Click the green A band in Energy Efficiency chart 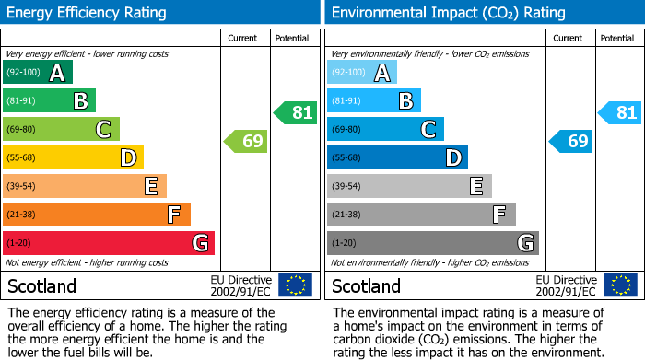38,73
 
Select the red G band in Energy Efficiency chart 109,243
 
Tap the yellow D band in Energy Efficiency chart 73,158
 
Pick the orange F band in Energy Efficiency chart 97,215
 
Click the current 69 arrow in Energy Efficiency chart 246,141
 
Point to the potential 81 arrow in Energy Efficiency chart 296,113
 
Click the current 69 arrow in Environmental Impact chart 571,141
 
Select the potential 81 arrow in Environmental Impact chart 620,113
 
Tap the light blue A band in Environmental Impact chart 362,73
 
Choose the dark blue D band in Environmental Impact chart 397,158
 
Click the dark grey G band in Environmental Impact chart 432,243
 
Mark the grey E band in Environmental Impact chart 409,186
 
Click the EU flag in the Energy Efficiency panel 295,285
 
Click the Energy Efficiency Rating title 88,13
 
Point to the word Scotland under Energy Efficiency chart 42,285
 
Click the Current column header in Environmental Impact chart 569,38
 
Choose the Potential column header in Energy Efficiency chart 292,38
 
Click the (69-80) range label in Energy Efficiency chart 21,130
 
